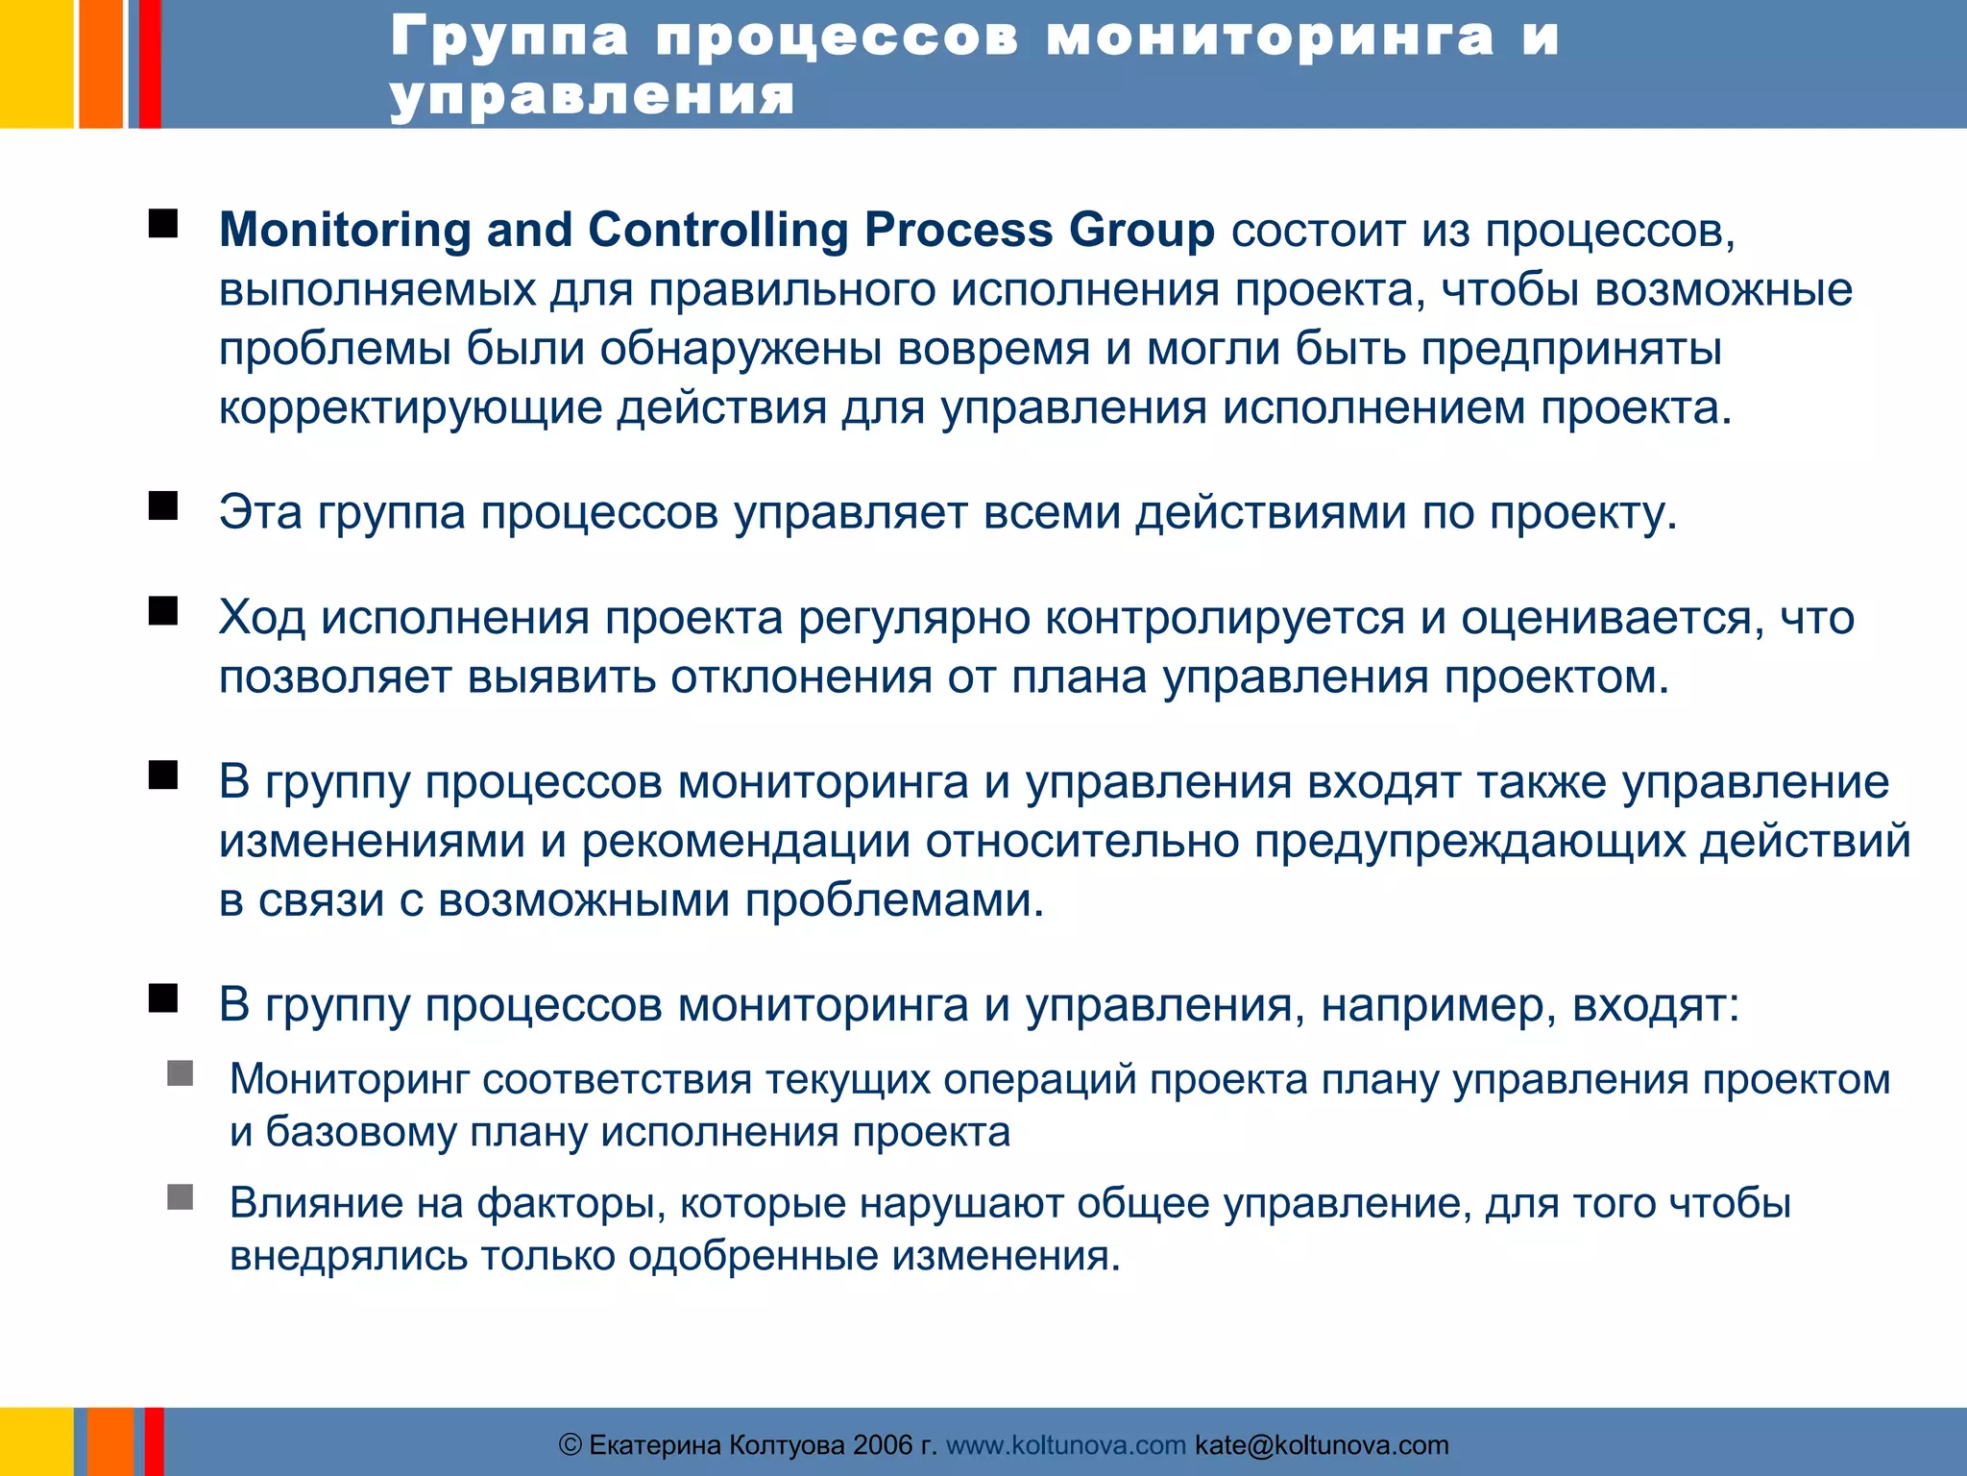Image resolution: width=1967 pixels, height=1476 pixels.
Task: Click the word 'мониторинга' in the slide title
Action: [1270, 38]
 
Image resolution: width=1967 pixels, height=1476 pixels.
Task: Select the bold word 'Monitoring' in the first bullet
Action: [345, 231]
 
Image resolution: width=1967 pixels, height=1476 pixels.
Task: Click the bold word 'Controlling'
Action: [718, 231]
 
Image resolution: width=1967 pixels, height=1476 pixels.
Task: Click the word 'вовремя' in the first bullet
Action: [993, 349]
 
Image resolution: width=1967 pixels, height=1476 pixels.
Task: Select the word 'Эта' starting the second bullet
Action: [259, 512]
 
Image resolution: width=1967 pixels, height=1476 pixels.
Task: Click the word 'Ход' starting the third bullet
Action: [261, 618]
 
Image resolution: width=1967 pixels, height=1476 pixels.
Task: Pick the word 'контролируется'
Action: [1225, 618]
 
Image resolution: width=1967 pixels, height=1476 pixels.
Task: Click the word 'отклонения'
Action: [801, 677]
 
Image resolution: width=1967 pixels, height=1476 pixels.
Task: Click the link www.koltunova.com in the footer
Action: [1065, 1445]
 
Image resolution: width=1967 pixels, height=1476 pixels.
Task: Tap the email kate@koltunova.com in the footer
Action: [1322, 1445]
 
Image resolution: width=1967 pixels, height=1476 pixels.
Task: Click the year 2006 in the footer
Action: [883, 1445]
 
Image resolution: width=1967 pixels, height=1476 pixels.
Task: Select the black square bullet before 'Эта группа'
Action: [163, 505]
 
